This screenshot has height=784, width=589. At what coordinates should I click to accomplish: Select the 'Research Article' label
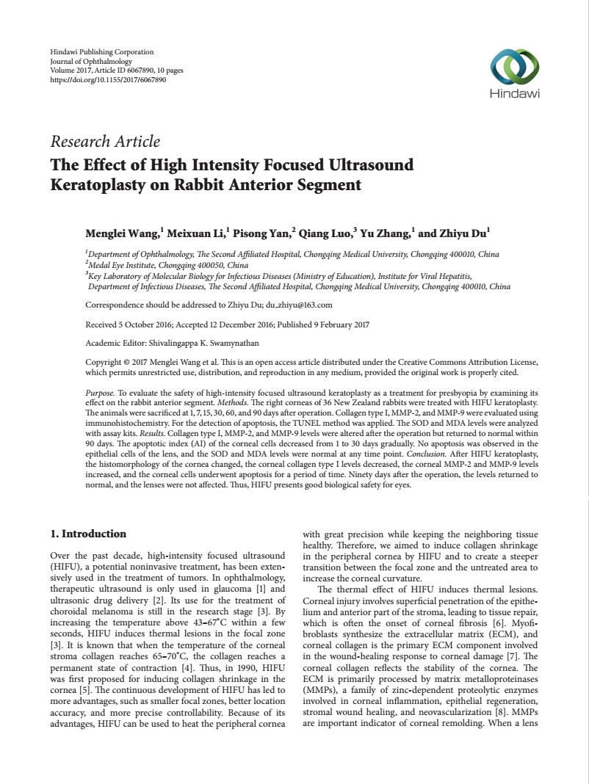coord(104,142)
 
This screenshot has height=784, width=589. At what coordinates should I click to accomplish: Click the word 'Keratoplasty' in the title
coord(96,184)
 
